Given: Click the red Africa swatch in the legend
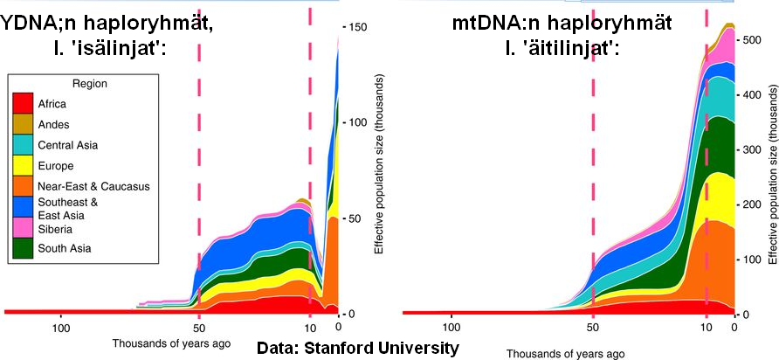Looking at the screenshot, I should tap(24, 104).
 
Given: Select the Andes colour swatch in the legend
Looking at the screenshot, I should tap(24, 124).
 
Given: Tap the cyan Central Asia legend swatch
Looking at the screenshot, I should tap(24, 145).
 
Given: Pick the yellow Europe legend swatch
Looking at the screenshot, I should tap(24, 165).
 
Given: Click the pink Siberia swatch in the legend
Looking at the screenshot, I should tap(24, 227).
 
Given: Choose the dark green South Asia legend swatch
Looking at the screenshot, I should tap(24, 248).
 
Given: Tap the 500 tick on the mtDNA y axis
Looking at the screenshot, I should tap(748, 40).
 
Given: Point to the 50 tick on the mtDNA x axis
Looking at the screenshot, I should tap(593, 328).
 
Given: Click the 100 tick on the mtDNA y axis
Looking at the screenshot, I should tap(748, 260).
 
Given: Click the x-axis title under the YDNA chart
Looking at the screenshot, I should tap(171, 343).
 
